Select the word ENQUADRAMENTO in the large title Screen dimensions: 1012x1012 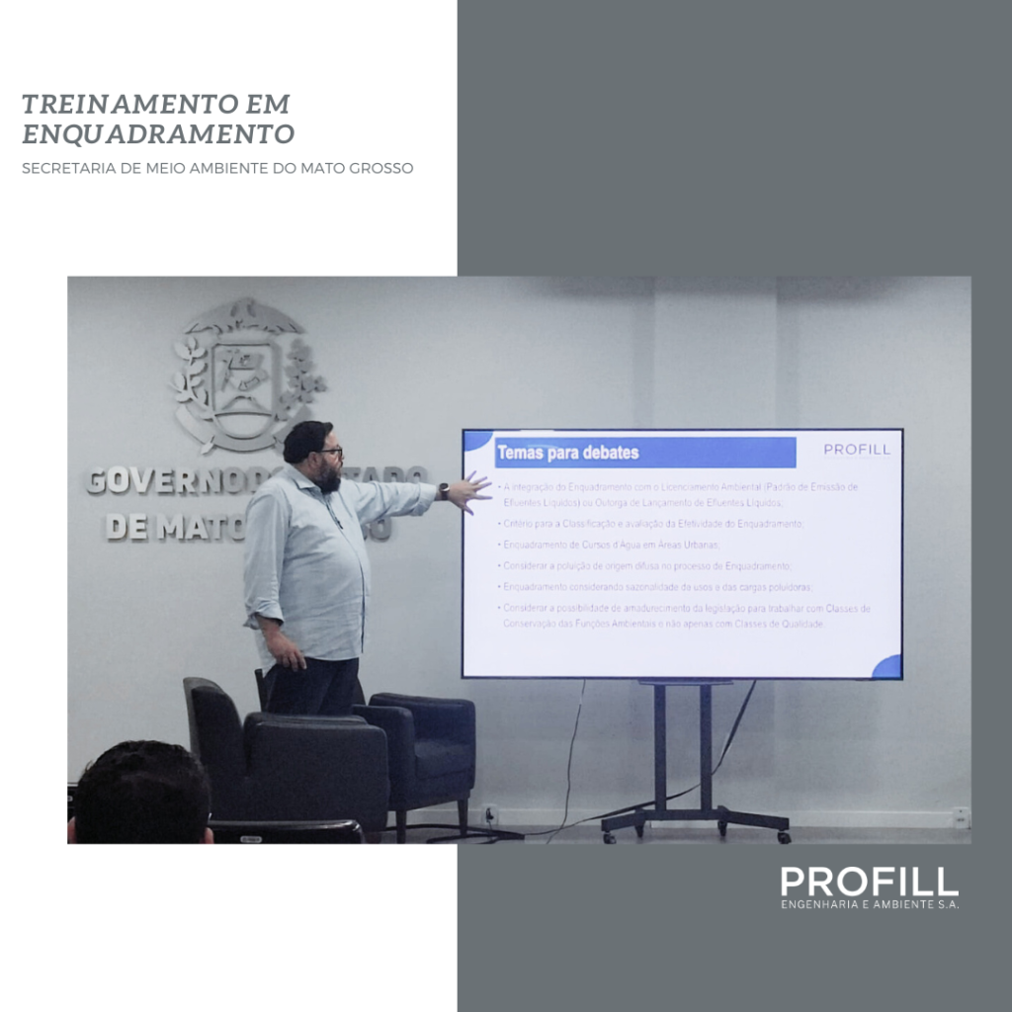pos(158,133)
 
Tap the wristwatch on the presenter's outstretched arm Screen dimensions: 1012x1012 pos(444,491)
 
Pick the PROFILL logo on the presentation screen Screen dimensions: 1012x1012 pos(856,450)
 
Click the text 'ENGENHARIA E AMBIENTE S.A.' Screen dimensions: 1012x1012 pos(870,904)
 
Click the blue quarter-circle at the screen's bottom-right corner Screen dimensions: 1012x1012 pos(888,667)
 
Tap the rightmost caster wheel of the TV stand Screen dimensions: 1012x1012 pos(783,837)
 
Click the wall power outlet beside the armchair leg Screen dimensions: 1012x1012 pos(491,815)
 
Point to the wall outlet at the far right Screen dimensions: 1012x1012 pos(961,816)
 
